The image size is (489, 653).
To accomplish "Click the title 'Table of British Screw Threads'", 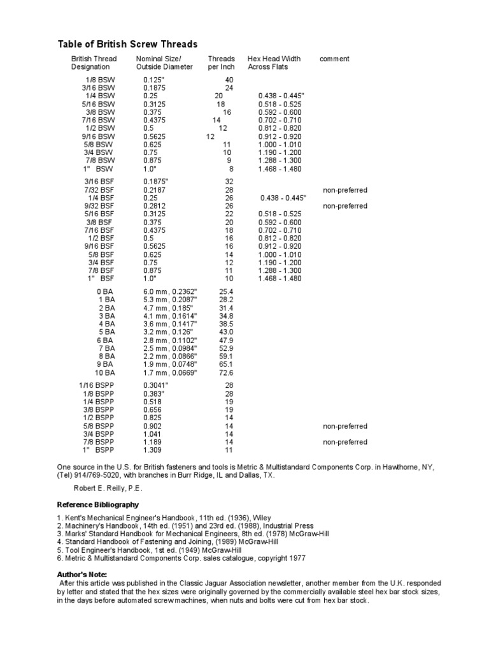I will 128,44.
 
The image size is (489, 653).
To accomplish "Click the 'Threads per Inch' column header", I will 221,62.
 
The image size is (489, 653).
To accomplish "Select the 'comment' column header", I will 334,59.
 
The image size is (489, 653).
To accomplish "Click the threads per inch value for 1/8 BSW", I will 229,80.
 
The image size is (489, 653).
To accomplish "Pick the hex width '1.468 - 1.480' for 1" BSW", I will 281,169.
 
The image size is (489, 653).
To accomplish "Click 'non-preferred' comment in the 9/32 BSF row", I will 345,206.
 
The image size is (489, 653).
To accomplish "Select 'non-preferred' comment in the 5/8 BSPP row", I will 345,426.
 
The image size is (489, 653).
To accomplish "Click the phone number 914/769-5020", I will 100,476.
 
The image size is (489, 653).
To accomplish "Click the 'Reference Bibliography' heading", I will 97,504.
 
